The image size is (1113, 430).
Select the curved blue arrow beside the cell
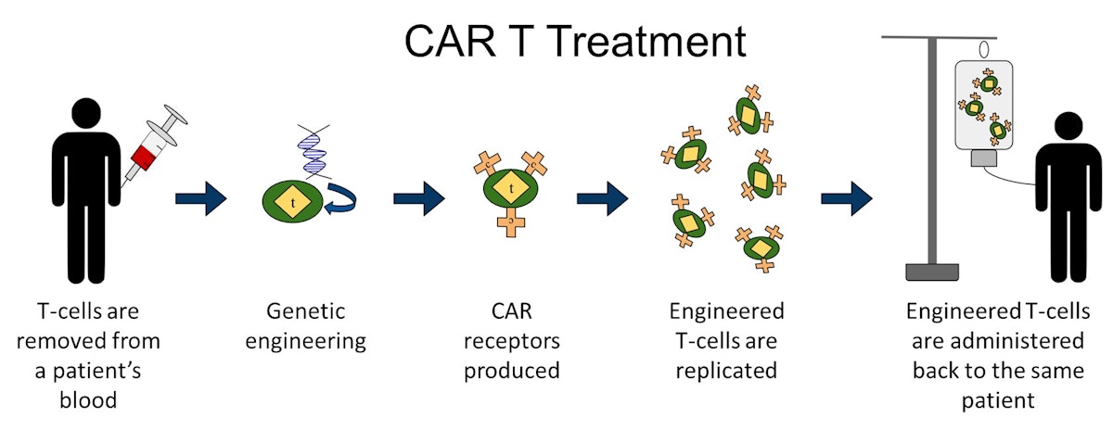pyautogui.click(x=341, y=199)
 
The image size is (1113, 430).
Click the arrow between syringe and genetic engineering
pyautogui.click(x=200, y=198)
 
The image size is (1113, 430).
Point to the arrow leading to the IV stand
pyautogui.click(x=846, y=198)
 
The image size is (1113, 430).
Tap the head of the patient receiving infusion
pyautogui.click(x=1068, y=127)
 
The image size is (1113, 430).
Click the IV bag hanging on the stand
pyautogui.click(x=983, y=105)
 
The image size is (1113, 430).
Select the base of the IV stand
pyautogui.click(x=932, y=272)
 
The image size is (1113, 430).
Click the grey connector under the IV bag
pyautogui.click(x=984, y=158)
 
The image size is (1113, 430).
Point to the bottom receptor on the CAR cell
pyautogui.click(x=511, y=224)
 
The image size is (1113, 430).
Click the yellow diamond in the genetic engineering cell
pyautogui.click(x=293, y=201)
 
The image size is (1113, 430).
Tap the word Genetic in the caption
pyautogui.click(x=305, y=311)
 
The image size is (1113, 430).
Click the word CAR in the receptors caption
pyautogui.click(x=511, y=311)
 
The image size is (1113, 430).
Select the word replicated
pyautogui.click(x=726, y=371)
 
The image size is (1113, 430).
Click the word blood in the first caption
pyautogui.click(x=88, y=400)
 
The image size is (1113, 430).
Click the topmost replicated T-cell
pyautogui.click(x=750, y=111)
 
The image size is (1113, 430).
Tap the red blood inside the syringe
pyautogui.click(x=144, y=156)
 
